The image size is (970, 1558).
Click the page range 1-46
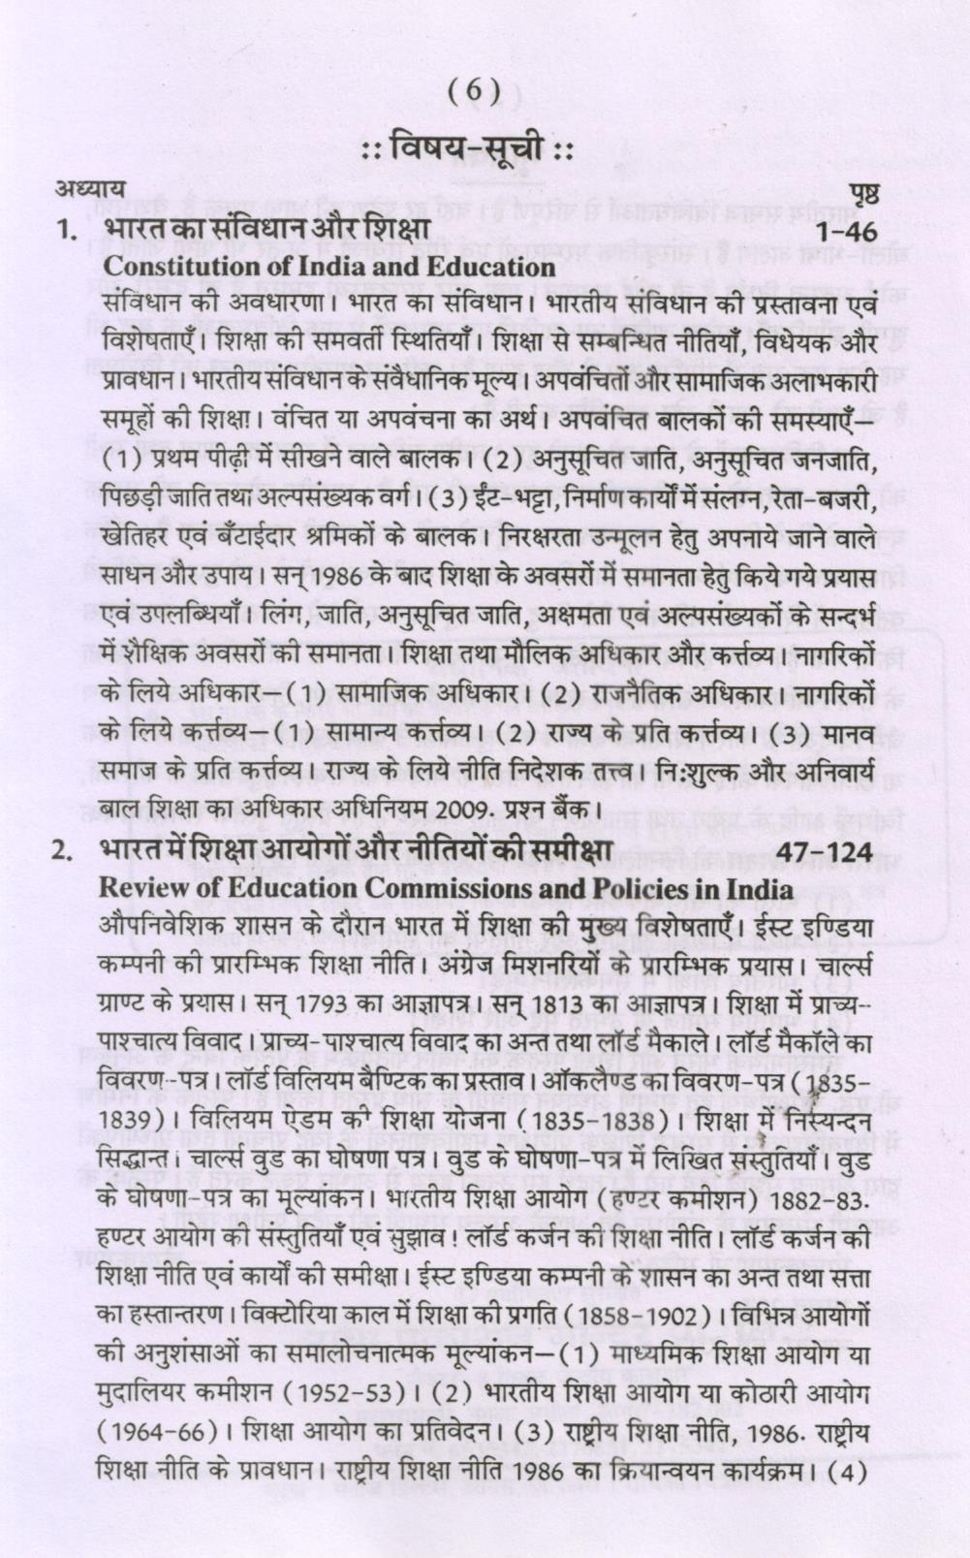point(845,233)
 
